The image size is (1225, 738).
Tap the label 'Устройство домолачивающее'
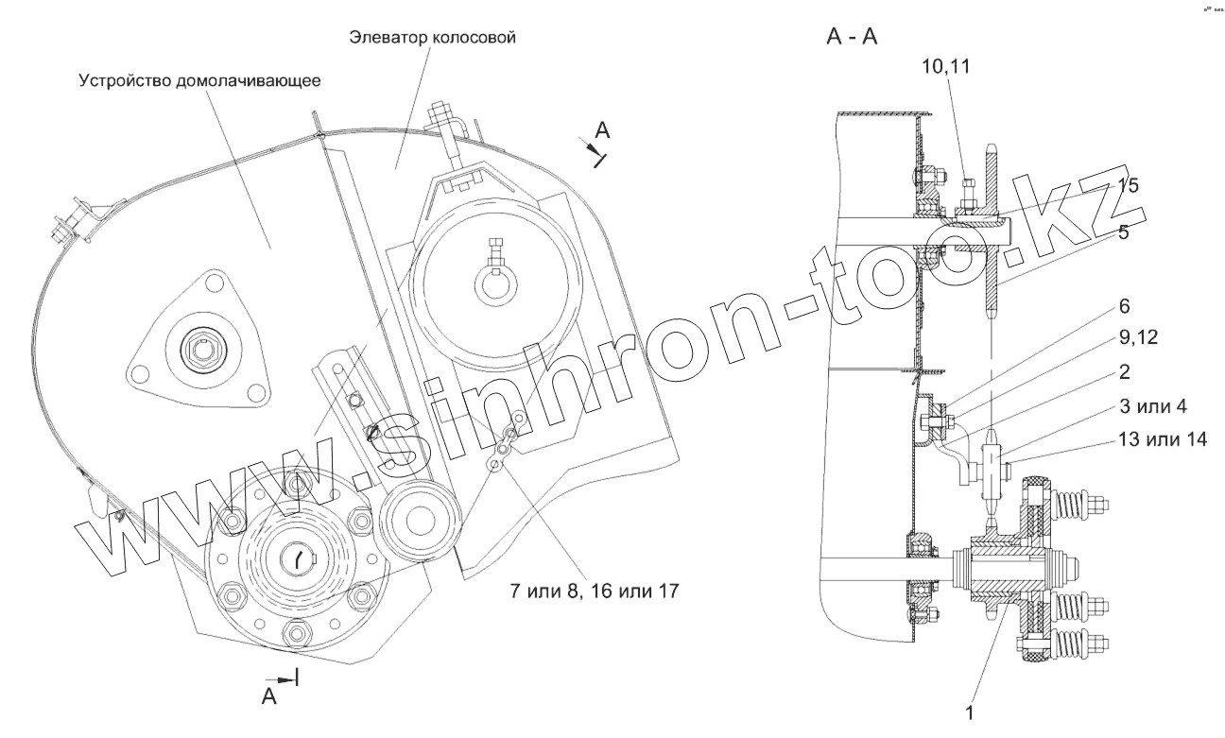pos(199,80)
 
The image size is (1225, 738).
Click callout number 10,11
pos(946,66)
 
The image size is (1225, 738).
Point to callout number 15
pos(1126,185)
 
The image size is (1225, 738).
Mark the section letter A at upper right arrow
pos(602,131)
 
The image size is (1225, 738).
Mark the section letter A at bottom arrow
pos(268,696)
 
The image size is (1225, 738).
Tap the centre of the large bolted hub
pos(299,559)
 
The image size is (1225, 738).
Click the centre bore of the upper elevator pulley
pos(496,283)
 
